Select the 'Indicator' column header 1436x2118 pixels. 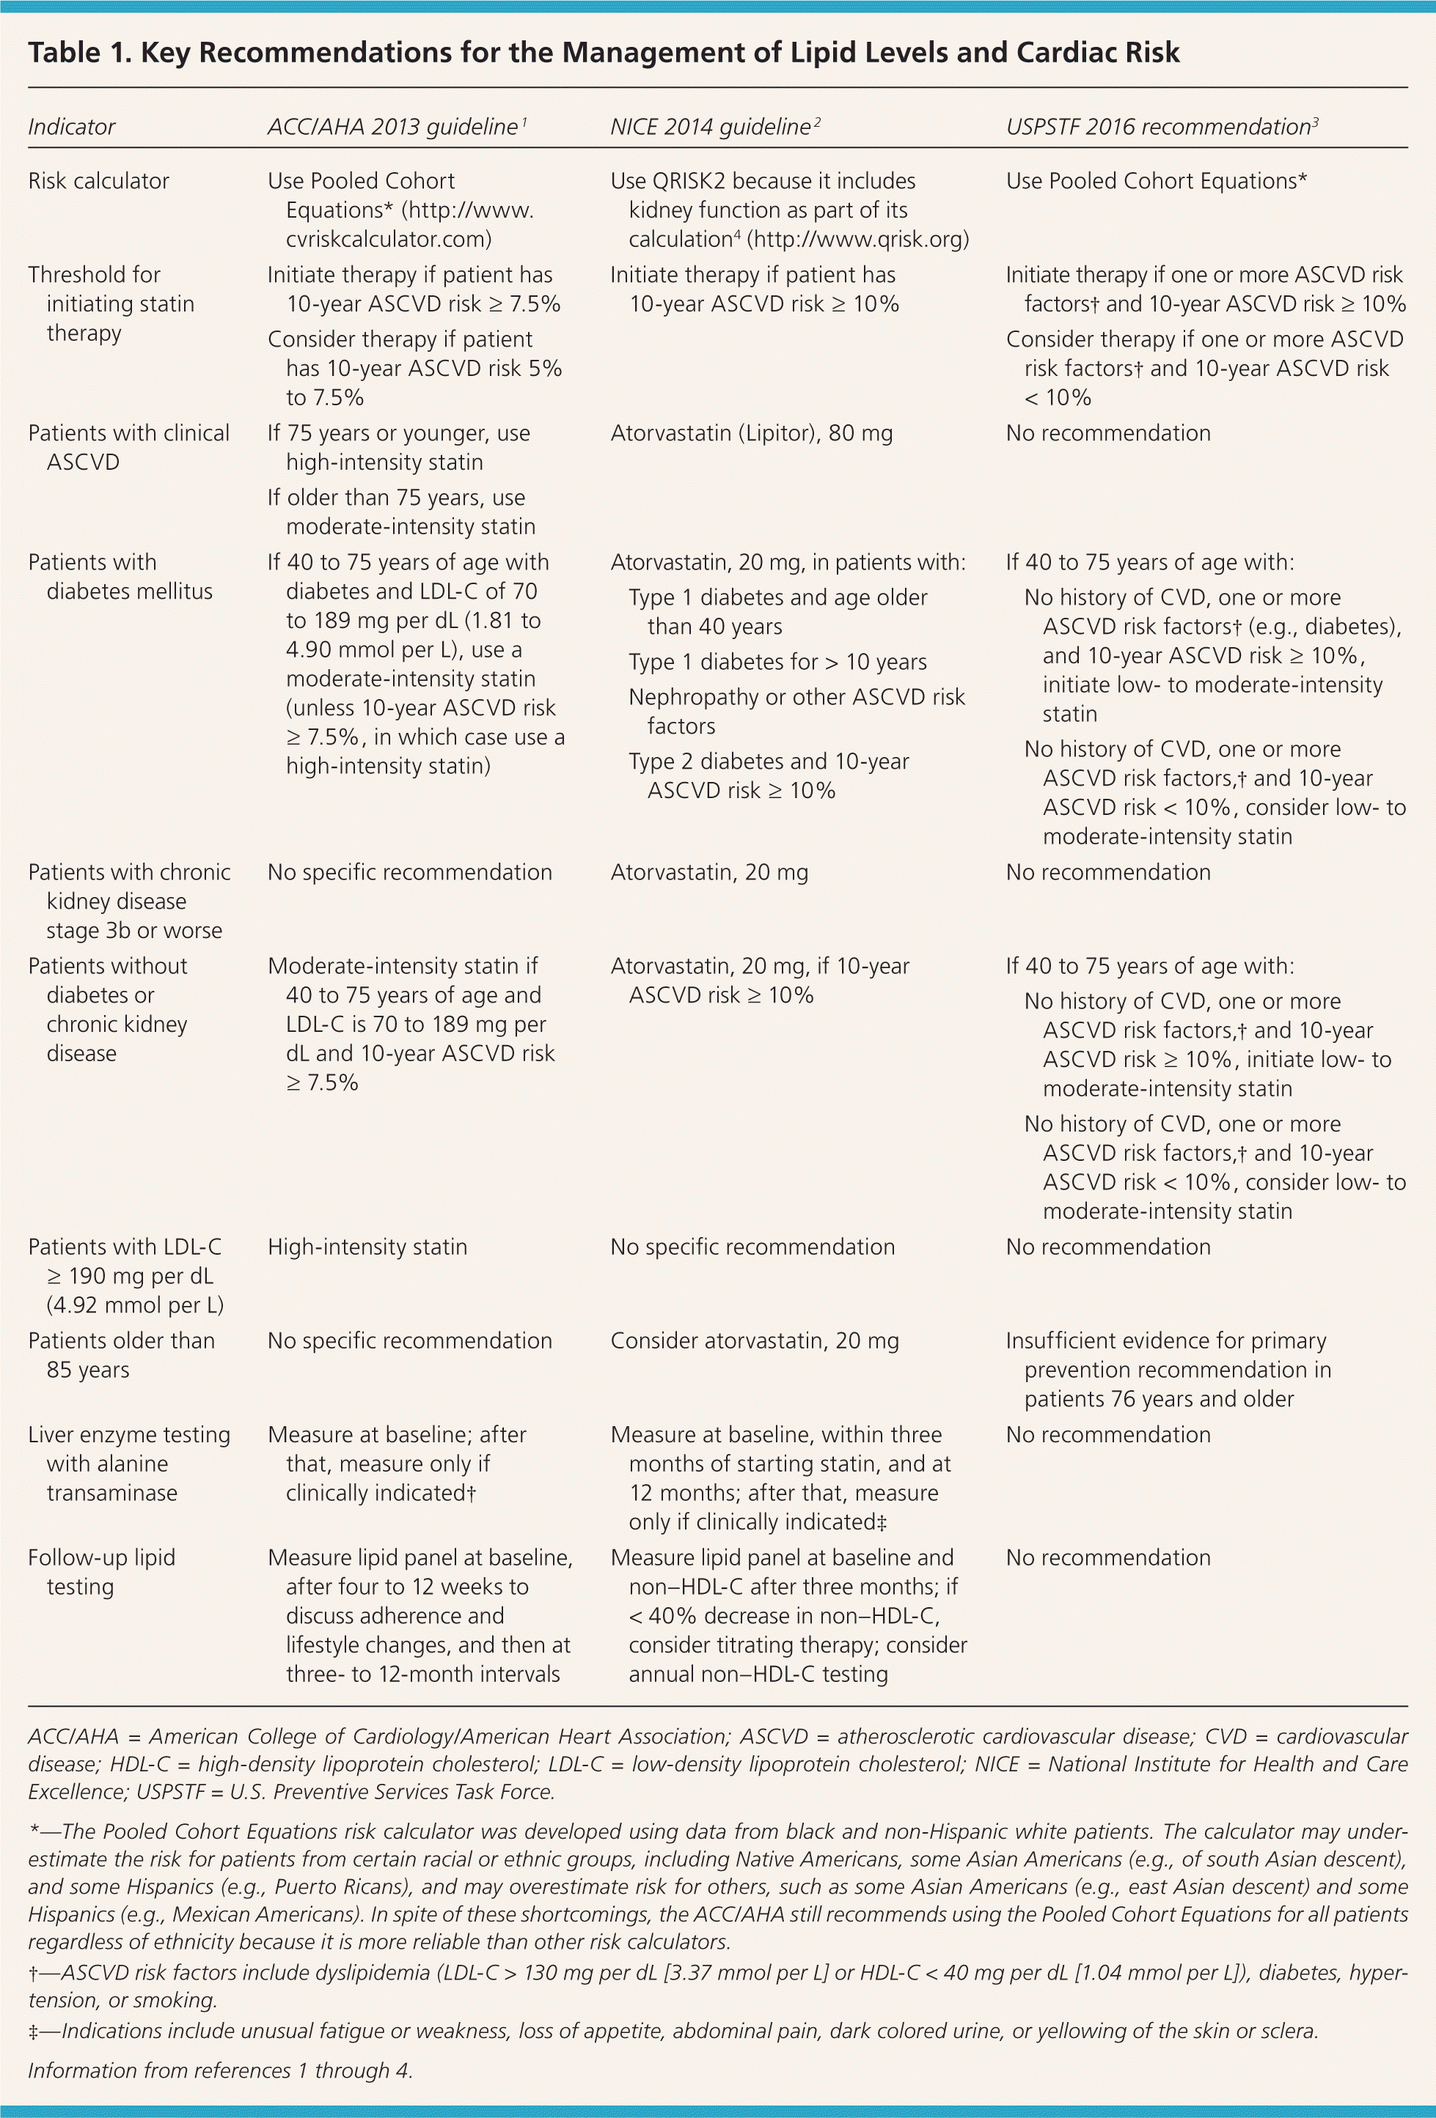[x=71, y=127]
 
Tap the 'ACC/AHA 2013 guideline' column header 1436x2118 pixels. [x=393, y=127]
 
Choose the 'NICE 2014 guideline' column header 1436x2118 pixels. [x=710, y=127]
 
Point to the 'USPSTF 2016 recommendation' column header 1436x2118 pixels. [x=1158, y=127]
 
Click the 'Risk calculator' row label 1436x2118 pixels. [x=98, y=180]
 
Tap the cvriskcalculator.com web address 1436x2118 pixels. [x=389, y=239]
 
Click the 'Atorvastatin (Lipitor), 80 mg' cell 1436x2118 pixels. [x=751, y=433]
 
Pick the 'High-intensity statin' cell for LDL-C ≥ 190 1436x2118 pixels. [x=367, y=1247]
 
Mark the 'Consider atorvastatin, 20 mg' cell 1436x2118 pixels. [x=755, y=1340]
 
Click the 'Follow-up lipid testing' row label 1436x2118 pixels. [x=101, y=1571]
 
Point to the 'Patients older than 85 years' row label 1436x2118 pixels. [x=121, y=1355]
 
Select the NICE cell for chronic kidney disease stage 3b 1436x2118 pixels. [x=709, y=872]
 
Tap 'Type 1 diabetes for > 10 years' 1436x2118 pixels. [x=777, y=662]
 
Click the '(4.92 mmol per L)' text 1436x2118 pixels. [x=135, y=1305]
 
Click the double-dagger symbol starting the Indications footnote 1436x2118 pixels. [x=34, y=2031]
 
